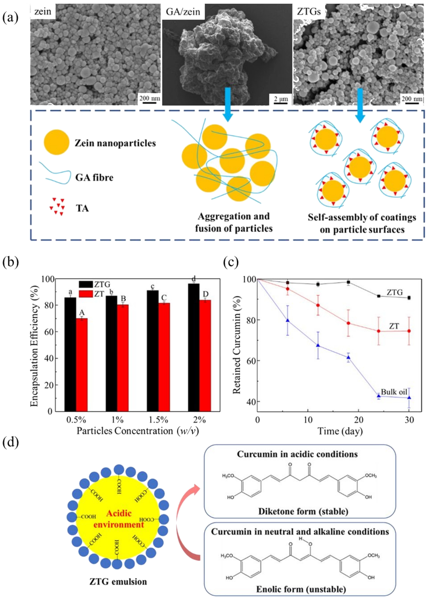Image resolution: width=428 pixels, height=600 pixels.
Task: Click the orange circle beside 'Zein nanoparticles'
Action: (x=56, y=142)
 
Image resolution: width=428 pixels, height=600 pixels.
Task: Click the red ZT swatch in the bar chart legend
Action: (x=86, y=294)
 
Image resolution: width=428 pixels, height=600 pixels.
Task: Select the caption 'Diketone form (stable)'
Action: (x=303, y=511)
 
